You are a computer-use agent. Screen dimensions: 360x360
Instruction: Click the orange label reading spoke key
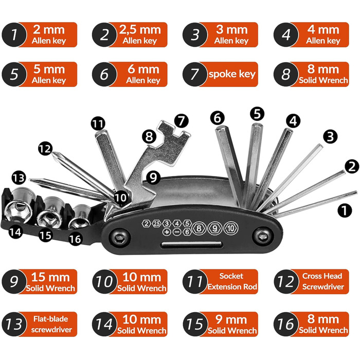coord(231,74)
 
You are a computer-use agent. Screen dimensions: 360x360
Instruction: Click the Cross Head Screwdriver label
coord(322,281)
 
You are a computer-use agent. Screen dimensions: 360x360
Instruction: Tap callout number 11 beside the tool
coord(98,123)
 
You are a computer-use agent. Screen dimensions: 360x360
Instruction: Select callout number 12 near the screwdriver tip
coord(45,149)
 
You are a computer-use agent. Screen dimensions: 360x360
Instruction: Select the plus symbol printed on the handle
coord(167,232)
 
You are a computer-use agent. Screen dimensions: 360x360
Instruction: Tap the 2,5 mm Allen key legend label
coord(141,34)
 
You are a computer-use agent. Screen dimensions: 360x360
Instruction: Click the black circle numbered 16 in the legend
coord(286,324)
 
